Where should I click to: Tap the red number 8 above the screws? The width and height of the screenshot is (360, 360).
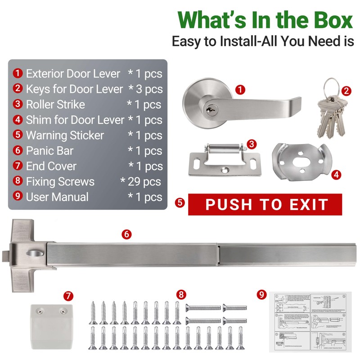point(181,295)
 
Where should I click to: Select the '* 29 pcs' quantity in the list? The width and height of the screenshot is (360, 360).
point(140,182)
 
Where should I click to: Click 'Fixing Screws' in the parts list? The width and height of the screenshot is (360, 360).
point(60,182)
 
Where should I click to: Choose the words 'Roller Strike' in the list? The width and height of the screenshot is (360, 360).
point(55,104)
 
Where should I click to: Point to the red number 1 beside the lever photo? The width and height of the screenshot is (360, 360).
point(240,89)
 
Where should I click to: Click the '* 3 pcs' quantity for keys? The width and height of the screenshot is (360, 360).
point(145,89)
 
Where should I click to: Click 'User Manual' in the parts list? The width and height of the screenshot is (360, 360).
point(57,197)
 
